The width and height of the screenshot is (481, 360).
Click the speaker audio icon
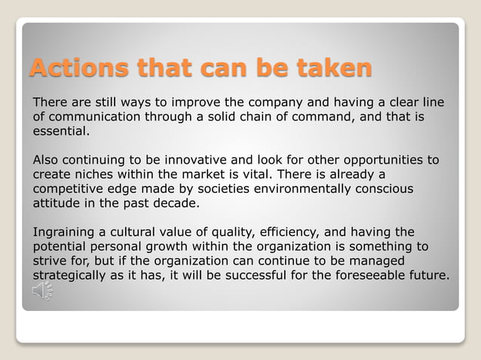(x=42, y=291)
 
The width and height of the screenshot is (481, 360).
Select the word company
(x=250, y=102)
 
